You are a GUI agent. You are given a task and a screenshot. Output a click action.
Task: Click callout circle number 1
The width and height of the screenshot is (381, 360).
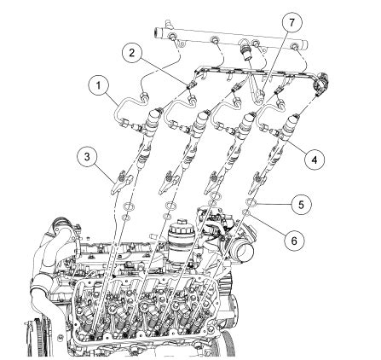pyautogui.click(x=99, y=85)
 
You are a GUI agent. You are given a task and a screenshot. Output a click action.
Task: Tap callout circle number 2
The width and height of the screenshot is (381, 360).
pyautogui.click(x=132, y=53)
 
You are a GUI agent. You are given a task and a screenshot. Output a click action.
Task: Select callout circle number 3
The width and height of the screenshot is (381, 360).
pyautogui.click(x=87, y=157)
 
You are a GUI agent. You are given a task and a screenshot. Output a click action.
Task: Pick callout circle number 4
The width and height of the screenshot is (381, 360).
pyautogui.click(x=314, y=160)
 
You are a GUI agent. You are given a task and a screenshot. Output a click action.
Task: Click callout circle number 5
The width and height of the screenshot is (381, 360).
pyautogui.click(x=301, y=205)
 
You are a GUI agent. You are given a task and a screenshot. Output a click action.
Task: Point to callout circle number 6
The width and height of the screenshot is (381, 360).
pyautogui.click(x=294, y=241)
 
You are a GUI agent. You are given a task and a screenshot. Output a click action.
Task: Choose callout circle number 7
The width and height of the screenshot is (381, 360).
pyautogui.click(x=292, y=23)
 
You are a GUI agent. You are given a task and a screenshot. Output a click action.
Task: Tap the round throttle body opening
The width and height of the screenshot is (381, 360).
pyautogui.click(x=245, y=251)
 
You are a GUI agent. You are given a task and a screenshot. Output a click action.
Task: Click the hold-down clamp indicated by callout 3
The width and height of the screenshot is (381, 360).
pyautogui.click(x=122, y=183)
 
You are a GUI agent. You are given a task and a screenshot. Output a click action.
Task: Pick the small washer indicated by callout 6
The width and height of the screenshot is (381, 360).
pyautogui.click(x=246, y=212)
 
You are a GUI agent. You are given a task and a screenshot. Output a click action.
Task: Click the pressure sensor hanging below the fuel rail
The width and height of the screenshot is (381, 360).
pyautogui.click(x=246, y=51)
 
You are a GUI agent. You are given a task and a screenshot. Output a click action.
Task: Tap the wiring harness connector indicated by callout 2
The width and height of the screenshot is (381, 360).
pyautogui.click(x=190, y=84)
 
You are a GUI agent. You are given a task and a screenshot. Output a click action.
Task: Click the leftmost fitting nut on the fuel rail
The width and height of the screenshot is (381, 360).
pyautogui.click(x=172, y=37)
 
